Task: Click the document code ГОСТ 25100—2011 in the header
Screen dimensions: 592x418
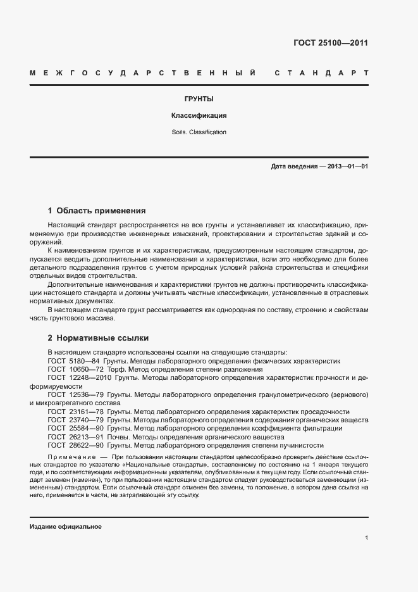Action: point(331,44)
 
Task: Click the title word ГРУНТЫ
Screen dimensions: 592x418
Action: point(198,99)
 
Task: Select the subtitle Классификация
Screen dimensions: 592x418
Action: point(199,116)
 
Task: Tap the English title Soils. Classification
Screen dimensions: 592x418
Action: point(199,132)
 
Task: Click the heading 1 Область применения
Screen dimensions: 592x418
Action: point(97,210)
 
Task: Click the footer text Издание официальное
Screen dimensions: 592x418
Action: point(65,527)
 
